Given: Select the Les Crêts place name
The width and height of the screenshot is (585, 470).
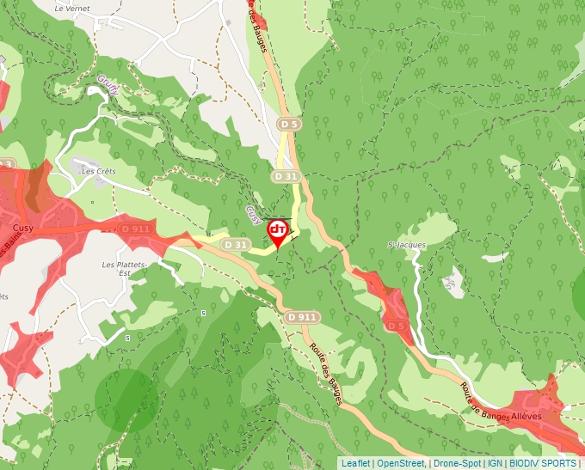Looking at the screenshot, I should (98, 171).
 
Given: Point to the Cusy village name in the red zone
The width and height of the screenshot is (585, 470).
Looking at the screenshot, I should (23, 228).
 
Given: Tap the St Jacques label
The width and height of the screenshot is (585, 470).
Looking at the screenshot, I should (407, 246).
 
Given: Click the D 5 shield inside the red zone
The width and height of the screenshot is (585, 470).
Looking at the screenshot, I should (396, 327).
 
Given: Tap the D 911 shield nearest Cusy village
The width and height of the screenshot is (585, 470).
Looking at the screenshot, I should (136, 229).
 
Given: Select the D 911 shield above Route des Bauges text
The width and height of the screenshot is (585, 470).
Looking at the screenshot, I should (302, 317).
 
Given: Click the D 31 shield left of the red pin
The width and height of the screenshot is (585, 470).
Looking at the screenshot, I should (235, 245).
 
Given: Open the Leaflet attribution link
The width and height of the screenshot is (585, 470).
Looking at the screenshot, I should (355, 463).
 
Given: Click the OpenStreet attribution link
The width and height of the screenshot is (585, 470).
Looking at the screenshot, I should (401, 463).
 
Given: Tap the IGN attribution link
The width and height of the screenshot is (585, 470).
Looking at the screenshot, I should (495, 463).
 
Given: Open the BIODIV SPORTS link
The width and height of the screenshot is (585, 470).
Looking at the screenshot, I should (542, 463).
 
